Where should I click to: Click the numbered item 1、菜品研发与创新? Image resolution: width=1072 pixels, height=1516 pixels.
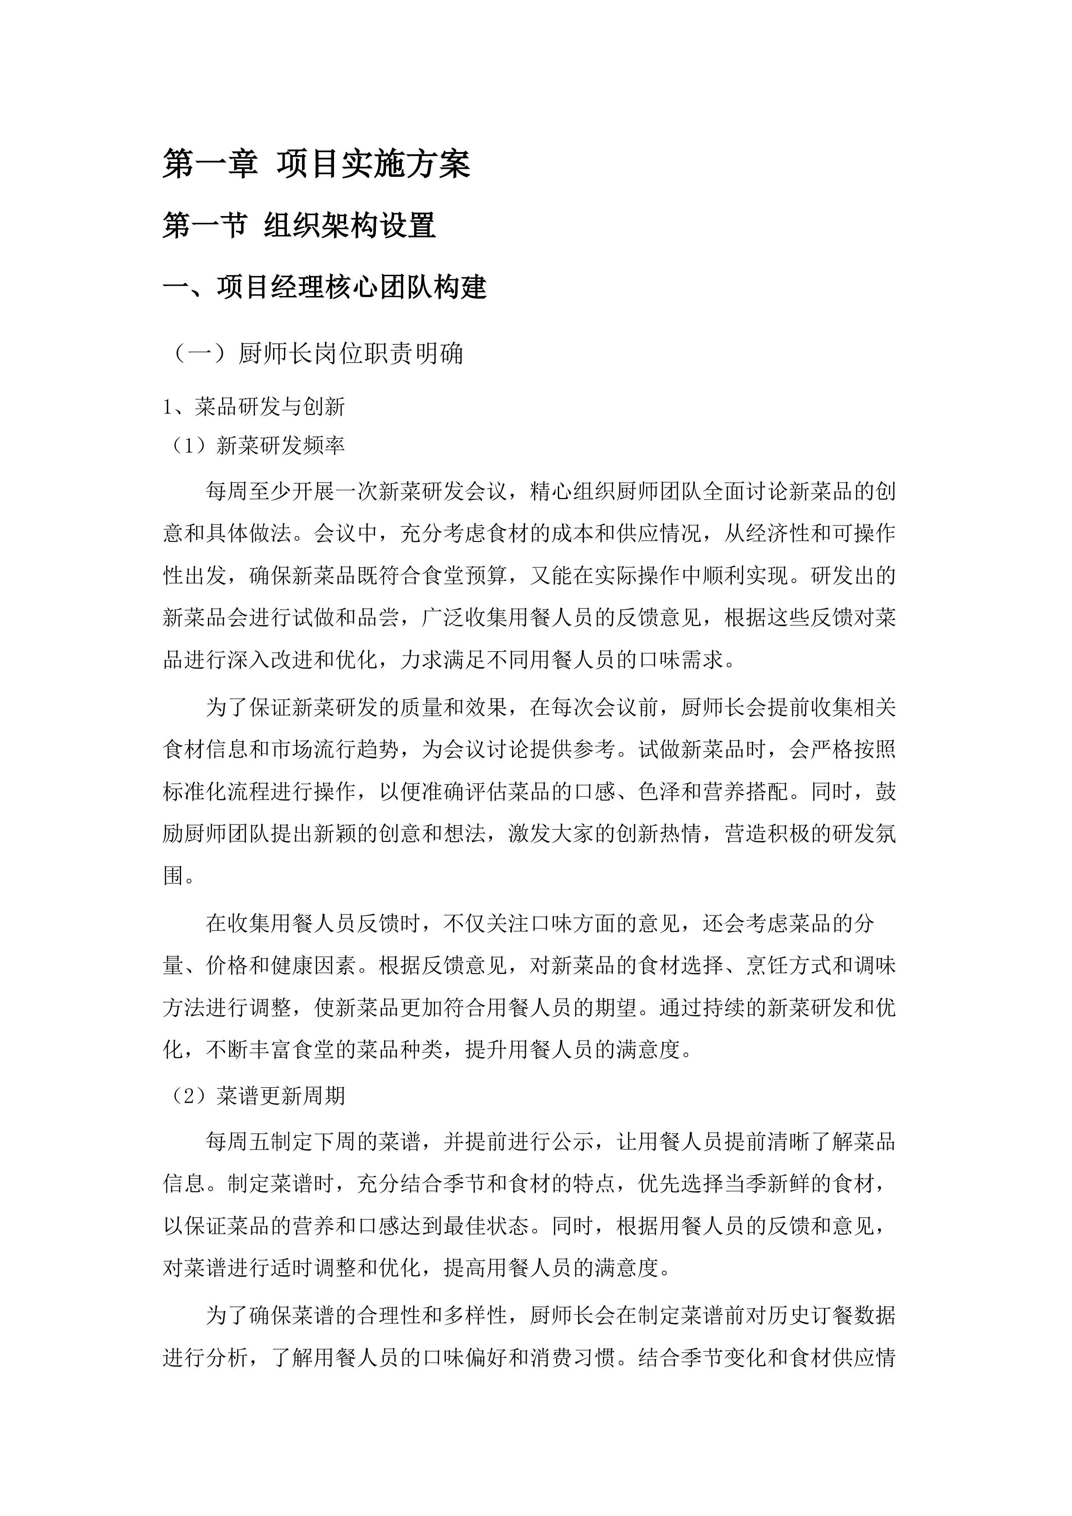pos(254,407)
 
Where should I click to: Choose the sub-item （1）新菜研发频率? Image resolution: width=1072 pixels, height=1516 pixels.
pos(254,446)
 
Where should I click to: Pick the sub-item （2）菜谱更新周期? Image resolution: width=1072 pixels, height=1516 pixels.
pos(254,1096)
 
